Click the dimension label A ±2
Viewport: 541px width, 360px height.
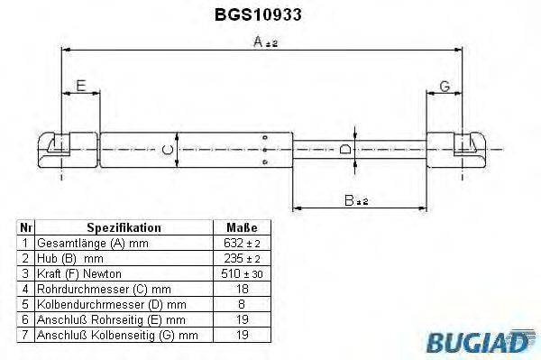[x=264, y=41]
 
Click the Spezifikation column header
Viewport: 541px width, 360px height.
[x=124, y=228]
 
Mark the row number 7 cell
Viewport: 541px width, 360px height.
[x=26, y=335]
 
